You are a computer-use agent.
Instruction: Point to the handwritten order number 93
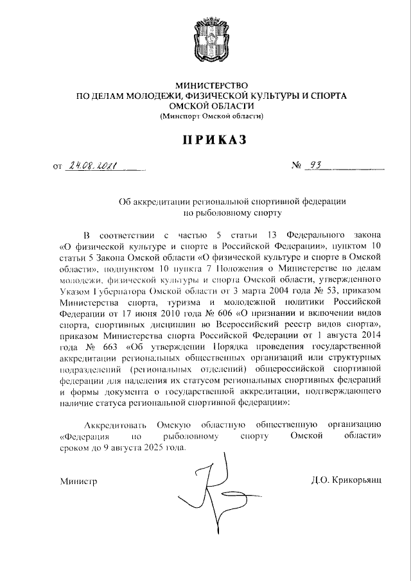point(315,166)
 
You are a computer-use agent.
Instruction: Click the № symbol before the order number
point(297,167)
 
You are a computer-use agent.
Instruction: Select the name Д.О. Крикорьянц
point(345,480)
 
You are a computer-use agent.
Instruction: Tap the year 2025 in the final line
point(153,447)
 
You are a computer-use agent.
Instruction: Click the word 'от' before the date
point(58,168)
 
